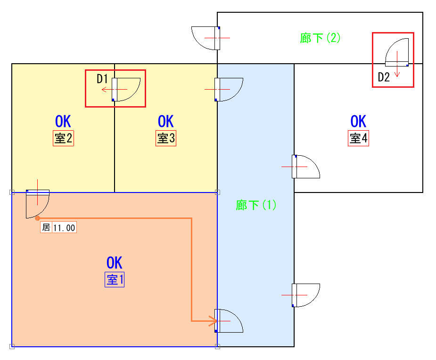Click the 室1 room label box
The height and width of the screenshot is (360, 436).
(115, 279)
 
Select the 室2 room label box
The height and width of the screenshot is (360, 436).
(64, 138)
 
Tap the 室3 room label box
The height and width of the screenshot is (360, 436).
(166, 138)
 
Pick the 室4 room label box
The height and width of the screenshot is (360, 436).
(358, 138)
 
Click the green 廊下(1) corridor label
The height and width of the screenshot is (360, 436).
(256, 205)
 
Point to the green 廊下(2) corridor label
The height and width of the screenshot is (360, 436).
(320, 38)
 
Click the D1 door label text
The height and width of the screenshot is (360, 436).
(102, 79)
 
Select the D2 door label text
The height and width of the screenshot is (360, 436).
(384, 77)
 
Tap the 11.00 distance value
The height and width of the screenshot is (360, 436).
(64, 228)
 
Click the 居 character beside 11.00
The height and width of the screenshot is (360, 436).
(46, 227)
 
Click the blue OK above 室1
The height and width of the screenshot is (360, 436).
(114, 262)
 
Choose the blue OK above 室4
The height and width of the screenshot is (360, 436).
(358, 121)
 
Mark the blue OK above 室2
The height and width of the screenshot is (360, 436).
(63, 121)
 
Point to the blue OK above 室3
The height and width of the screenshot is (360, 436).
(166, 121)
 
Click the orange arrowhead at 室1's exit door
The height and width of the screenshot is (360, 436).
(213, 321)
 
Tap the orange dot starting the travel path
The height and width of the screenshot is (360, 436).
(38, 218)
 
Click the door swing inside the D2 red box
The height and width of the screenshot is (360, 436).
(397, 52)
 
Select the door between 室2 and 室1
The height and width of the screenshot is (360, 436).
(38, 204)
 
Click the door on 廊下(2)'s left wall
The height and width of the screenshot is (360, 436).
(206, 38)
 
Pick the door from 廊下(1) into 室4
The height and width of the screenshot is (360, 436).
(306, 167)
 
